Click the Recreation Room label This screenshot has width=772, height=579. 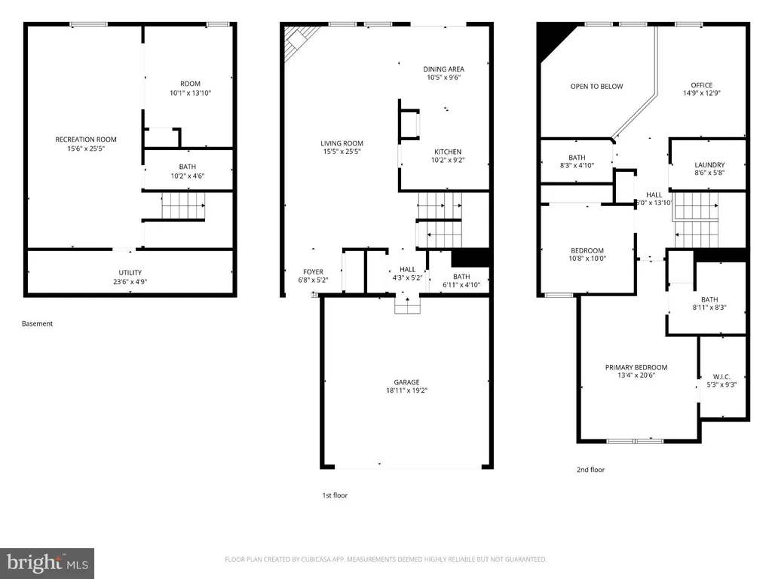86,139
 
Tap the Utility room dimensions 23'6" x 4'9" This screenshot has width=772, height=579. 130,282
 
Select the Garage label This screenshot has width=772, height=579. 406,382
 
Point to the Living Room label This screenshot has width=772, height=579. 342,143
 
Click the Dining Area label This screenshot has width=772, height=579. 443,69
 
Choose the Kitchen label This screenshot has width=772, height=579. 448,152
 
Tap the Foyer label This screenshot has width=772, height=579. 313,271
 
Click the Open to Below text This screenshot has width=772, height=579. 597,86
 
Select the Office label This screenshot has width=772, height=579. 702,85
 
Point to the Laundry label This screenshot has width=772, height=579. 709,165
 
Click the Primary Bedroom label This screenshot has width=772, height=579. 636,367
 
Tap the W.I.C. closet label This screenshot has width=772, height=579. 721,377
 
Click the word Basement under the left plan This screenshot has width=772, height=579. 37,323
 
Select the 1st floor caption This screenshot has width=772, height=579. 335,495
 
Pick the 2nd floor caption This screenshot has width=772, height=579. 591,470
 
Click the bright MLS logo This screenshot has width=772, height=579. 47,563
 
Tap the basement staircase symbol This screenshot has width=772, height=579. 183,205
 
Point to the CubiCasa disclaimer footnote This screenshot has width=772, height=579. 385,559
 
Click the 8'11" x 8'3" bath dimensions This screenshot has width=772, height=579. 709,308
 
